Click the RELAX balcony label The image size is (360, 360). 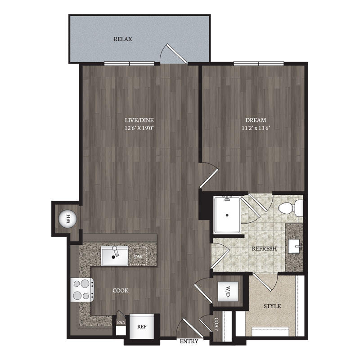[123, 39]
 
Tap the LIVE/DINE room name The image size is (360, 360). [139, 120]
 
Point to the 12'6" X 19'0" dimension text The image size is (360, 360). [139, 128]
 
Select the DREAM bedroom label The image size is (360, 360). [256, 120]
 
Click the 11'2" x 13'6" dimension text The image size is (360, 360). [256, 128]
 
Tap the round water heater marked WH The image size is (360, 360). [67, 219]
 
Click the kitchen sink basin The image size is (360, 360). [115, 256]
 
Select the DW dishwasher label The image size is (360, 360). [138, 257]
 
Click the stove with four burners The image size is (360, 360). [82, 290]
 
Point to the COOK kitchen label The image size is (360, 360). [121, 291]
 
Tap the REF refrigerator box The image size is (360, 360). [142, 327]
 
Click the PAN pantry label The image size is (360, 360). [121, 322]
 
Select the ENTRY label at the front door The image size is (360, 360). [189, 342]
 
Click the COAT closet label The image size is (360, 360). [216, 324]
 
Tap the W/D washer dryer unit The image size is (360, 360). [228, 291]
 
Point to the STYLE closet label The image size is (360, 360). [272, 306]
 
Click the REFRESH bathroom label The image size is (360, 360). [264, 248]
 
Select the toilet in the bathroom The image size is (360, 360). [291, 208]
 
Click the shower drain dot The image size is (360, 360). [227, 216]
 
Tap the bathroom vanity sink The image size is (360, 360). [295, 246]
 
